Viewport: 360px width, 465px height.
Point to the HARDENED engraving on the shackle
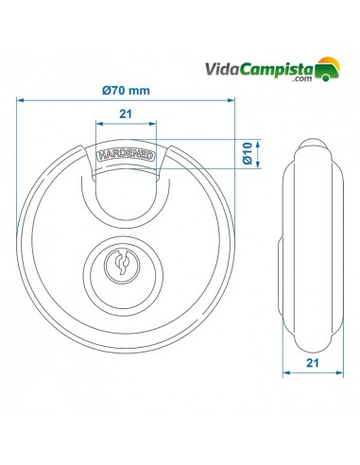[x=127, y=157]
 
